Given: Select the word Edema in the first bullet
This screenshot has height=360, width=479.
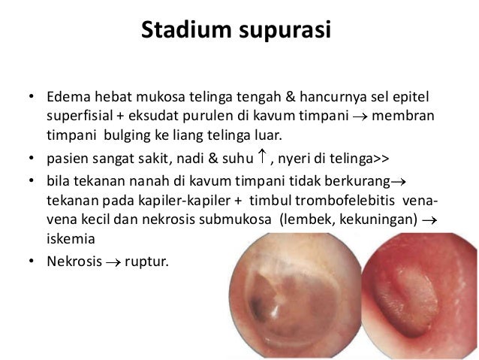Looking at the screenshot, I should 65,98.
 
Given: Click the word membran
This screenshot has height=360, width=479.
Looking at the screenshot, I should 408,118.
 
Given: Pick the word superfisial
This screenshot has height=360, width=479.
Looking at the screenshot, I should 78,118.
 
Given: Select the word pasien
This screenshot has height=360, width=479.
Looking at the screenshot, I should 65,159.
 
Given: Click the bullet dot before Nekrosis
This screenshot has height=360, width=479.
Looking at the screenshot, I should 31,262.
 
